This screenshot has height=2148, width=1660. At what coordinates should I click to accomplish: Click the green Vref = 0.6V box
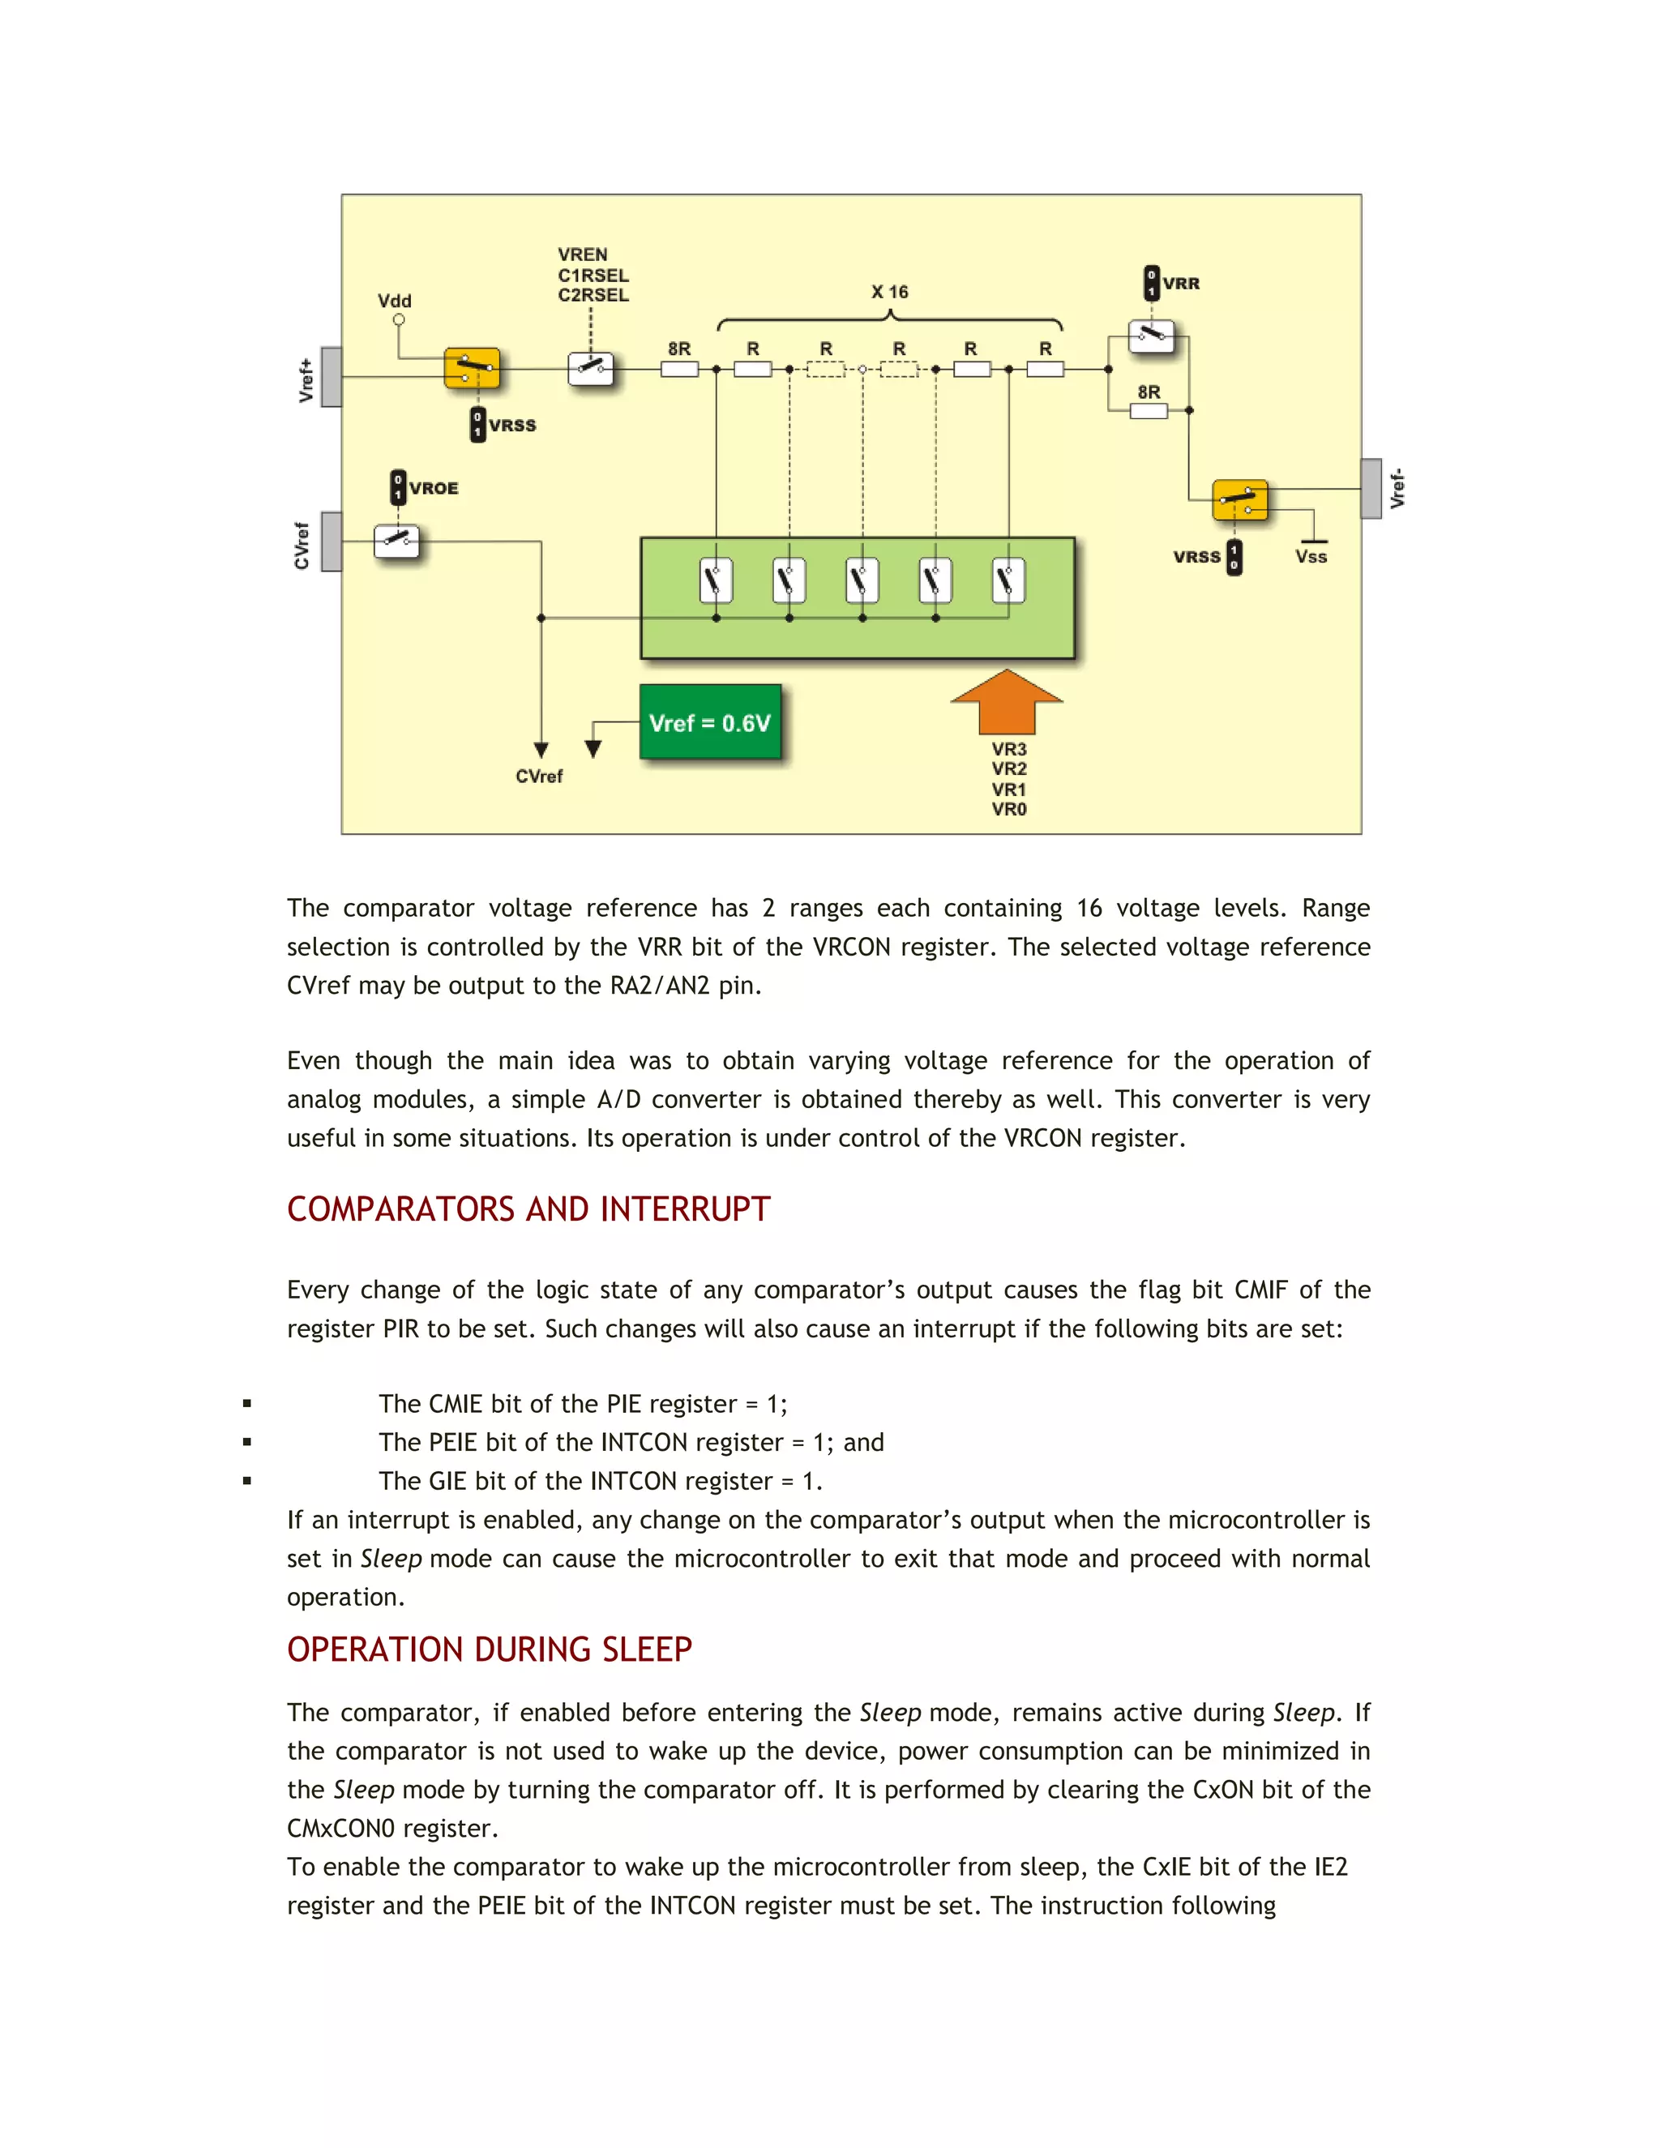coord(710,723)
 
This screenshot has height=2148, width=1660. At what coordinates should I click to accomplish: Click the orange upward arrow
coord(1007,705)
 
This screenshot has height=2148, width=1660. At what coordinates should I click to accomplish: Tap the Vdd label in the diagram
coord(395,301)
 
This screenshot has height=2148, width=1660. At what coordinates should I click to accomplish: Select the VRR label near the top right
coord(1181,283)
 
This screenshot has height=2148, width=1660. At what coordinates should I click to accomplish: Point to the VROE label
coord(434,488)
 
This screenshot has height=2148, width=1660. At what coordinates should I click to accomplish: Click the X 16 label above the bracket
coord(889,292)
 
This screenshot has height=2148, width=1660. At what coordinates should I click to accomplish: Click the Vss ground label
coord(1311,557)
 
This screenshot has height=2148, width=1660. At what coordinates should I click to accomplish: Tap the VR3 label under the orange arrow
coord(1009,750)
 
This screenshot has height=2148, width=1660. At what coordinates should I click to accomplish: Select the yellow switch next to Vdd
coord(472,369)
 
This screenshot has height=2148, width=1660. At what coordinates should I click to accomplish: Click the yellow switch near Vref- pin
coord(1239,499)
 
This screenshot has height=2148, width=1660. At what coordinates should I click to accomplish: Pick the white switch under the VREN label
coord(591,369)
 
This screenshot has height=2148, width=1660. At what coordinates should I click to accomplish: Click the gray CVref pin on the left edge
coord(332,541)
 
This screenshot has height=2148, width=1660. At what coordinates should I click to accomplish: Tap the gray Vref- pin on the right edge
coord(1371,488)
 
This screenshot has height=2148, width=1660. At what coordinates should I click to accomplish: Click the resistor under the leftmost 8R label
coord(679,370)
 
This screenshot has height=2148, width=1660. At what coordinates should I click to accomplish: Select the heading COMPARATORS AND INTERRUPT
coord(528,1209)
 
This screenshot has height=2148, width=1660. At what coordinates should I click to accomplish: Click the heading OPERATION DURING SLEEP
coord(489,1650)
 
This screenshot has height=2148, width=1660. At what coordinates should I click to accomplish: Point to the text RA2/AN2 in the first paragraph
coord(659,986)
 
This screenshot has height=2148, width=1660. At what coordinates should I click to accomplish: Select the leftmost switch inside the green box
coord(716,580)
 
